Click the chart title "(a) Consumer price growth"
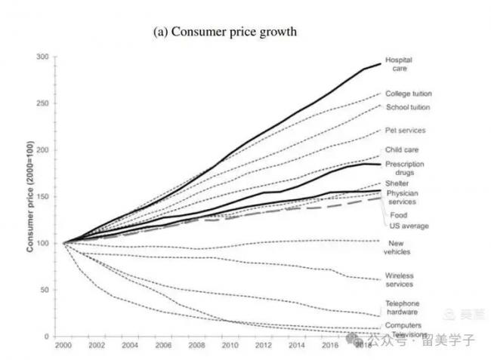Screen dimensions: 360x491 (224, 32)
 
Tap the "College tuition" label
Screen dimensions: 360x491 (408, 94)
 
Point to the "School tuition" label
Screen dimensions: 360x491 (408, 107)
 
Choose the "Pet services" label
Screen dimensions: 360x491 (406, 131)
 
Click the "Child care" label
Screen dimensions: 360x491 (401, 150)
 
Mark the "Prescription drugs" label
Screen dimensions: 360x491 (404, 168)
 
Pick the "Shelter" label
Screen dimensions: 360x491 (397, 183)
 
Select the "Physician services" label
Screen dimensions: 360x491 (403, 198)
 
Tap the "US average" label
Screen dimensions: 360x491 (409, 226)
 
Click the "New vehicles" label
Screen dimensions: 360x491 (400, 248)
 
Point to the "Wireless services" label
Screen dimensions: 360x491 (400, 280)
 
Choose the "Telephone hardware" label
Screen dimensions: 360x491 (402, 308)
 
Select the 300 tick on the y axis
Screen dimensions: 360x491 (42, 57)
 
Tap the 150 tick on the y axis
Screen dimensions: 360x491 (42, 197)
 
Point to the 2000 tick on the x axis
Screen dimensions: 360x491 (63, 344)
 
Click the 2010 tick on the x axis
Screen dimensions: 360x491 (228, 344)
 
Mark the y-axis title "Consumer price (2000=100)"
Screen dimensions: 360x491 (29, 196)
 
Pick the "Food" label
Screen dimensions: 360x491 (397, 215)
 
